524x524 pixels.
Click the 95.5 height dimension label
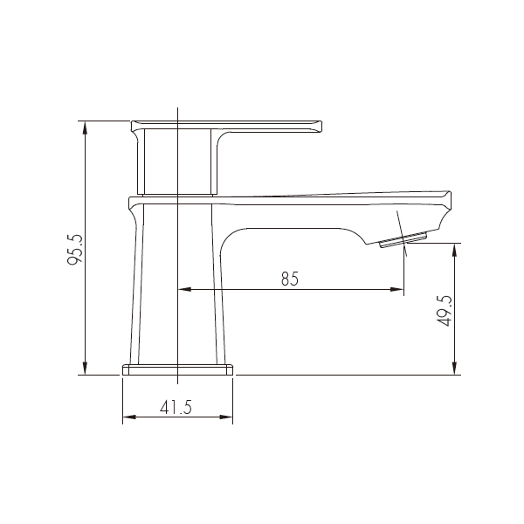click(x=74, y=249)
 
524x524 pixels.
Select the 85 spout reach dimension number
click(x=289, y=279)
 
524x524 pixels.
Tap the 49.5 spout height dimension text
click(x=445, y=311)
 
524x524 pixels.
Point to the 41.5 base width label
click(x=176, y=407)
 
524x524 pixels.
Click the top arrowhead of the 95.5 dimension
click(x=86, y=128)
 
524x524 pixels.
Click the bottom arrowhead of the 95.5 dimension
click(x=86, y=369)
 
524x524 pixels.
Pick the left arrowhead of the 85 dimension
click(x=184, y=289)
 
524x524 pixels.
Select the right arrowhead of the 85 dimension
click(x=397, y=289)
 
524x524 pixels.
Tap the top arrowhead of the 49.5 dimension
click(x=454, y=251)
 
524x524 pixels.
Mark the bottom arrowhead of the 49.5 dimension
click(x=454, y=369)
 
